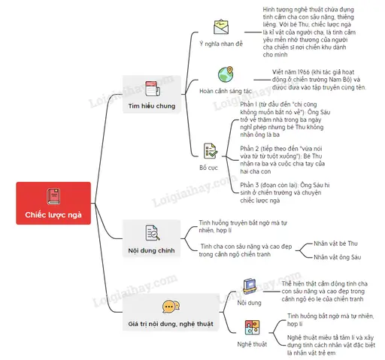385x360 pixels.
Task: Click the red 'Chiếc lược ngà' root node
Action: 53,203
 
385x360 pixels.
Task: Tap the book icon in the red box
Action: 53,196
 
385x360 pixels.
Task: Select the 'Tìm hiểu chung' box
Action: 152,94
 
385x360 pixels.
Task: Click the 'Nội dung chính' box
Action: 151,238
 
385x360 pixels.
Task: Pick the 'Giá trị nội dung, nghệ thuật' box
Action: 171,312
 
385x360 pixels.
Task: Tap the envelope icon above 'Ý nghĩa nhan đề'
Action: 221,27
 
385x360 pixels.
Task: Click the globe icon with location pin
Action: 226,74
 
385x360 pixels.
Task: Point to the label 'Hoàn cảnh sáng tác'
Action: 226,91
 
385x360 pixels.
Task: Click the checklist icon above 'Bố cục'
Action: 211,151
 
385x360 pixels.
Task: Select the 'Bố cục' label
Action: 208,168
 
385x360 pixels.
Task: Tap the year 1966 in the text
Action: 303,72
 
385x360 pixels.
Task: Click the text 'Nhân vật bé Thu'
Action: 335,244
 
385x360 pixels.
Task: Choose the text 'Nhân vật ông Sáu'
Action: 338,257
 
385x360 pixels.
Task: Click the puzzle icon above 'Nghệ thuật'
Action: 252,328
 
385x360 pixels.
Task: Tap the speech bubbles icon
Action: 171,307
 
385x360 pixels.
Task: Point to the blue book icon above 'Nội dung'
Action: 250,286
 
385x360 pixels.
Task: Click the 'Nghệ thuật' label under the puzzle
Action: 252,344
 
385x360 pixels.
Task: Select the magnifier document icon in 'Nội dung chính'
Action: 153,233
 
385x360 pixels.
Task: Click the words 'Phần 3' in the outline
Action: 250,185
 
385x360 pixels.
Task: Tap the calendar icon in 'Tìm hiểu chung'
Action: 153,89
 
